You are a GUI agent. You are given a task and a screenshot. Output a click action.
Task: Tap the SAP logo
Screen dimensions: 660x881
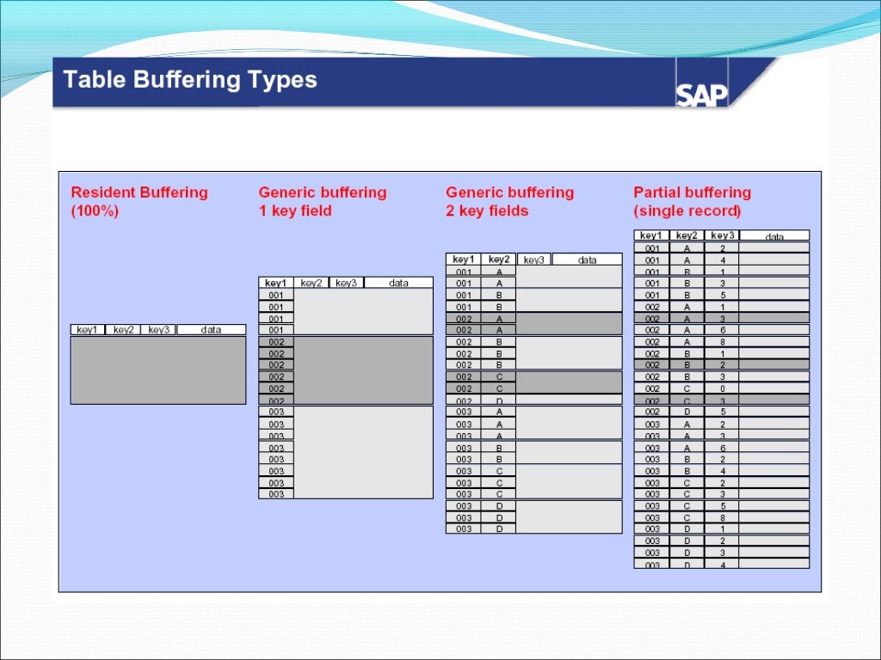(701, 95)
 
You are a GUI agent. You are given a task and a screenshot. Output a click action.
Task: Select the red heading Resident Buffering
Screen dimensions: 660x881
(139, 192)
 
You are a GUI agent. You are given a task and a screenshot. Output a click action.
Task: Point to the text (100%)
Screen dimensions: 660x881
(95, 211)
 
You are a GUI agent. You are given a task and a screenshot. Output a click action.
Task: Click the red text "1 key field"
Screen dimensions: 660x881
(295, 211)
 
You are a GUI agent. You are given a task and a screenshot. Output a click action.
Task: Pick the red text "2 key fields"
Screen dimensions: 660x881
(487, 211)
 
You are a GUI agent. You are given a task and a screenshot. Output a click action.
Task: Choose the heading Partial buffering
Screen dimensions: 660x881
(692, 192)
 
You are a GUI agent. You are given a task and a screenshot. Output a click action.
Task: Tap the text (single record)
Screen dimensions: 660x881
(687, 211)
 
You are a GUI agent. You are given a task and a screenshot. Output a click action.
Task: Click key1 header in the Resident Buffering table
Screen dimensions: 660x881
(87, 330)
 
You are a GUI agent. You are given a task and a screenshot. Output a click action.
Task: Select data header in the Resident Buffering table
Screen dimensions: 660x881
(211, 330)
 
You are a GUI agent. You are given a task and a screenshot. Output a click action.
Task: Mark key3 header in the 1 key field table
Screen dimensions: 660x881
(347, 283)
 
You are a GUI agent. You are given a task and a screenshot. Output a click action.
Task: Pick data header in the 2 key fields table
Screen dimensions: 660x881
(587, 260)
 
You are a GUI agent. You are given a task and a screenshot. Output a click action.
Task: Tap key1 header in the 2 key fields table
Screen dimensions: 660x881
(463, 260)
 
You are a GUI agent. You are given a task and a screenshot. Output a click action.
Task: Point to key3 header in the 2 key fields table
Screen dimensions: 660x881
(533, 260)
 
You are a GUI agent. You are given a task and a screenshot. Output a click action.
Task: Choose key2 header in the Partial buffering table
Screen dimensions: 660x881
(687, 235)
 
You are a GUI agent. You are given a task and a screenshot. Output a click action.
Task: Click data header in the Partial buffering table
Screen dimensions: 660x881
(774, 235)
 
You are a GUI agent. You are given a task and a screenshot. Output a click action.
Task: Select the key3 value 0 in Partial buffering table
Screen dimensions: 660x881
(722, 388)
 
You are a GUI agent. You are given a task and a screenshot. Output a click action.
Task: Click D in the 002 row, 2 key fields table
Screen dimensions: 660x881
(498, 400)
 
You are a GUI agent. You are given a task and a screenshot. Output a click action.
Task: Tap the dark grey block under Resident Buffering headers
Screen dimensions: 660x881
(157, 370)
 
